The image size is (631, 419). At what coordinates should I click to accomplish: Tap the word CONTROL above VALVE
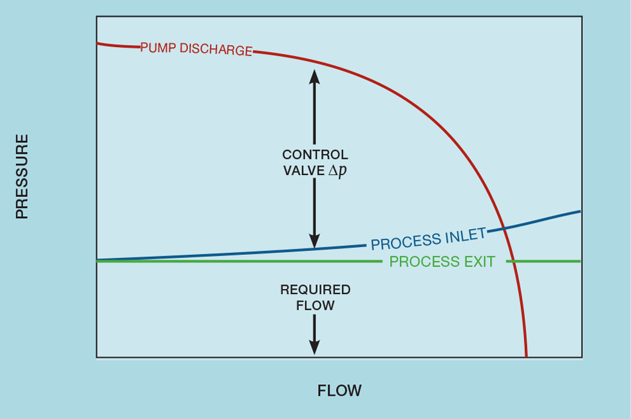click(315, 155)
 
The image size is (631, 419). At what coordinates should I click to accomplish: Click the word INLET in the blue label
click(464, 236)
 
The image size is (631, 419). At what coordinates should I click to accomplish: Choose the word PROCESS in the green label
click(421, 262)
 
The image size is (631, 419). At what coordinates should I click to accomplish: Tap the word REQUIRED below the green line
click(315, 290)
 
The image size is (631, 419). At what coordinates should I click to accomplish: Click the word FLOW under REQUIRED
click(315, 306)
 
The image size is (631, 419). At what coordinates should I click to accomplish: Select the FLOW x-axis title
click(339, 391)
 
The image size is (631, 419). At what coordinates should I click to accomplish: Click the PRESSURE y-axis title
click(23, 176)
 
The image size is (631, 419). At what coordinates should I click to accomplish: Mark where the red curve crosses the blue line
click(504, 228)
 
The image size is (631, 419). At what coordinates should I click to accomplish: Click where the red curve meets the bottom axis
click(526, 356)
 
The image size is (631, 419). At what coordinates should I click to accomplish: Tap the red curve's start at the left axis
click(98, 43)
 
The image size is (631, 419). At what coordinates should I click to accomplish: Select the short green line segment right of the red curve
click(544, 261)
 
